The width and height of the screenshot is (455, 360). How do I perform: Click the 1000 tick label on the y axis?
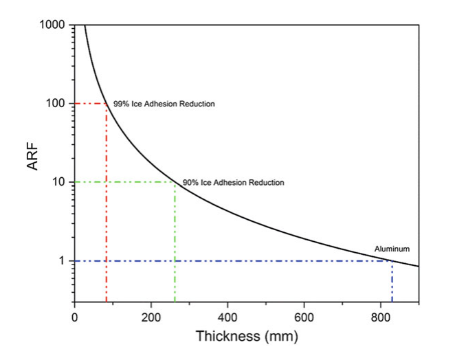point(52,25)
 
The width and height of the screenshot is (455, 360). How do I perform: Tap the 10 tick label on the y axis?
point(58,182)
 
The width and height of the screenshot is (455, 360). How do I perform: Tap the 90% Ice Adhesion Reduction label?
point(233,183)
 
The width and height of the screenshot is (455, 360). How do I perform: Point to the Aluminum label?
point(392,248)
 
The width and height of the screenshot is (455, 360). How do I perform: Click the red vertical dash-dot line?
point(106,206)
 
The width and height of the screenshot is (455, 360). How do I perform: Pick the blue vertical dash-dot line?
point(392,282)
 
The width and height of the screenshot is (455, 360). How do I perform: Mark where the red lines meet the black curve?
point(106,104)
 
